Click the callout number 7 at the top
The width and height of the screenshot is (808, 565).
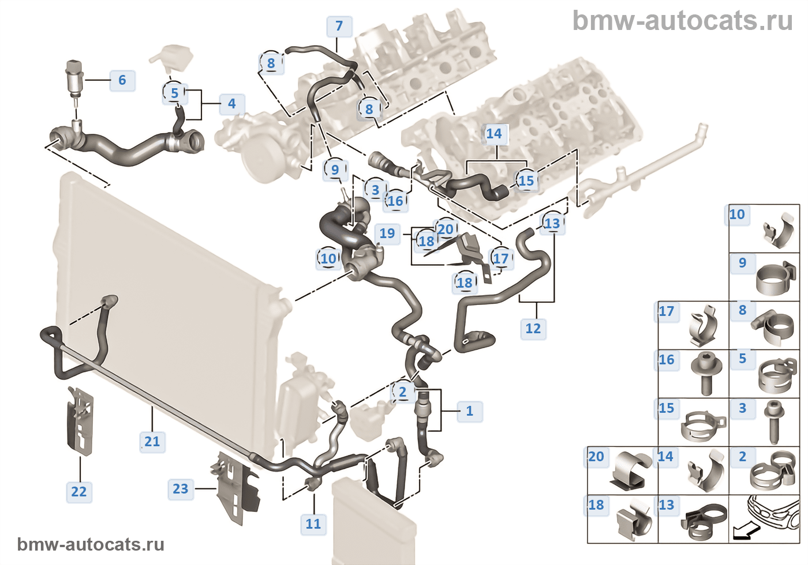click(x=339, y=26)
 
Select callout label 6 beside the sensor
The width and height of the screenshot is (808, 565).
click(x=122, y=80)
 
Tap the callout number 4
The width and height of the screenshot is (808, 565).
click(x=231, y=104)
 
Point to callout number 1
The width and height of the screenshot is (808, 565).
click(x=469, y=411)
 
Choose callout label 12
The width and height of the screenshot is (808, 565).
click(x=533, y=329)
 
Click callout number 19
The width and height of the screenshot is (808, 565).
click(x=387, y=233)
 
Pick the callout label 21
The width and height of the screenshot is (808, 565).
click(x=152, y=442)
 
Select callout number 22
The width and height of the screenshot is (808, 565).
click(x=78, y=492)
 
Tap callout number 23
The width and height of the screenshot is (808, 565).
click(x=180, y=489)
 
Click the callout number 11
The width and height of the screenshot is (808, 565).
click(x=313, y=523)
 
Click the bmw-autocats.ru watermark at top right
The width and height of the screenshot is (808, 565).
click(x=682, y=21)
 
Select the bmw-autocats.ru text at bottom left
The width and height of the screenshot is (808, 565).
click(x=91, y=544)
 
